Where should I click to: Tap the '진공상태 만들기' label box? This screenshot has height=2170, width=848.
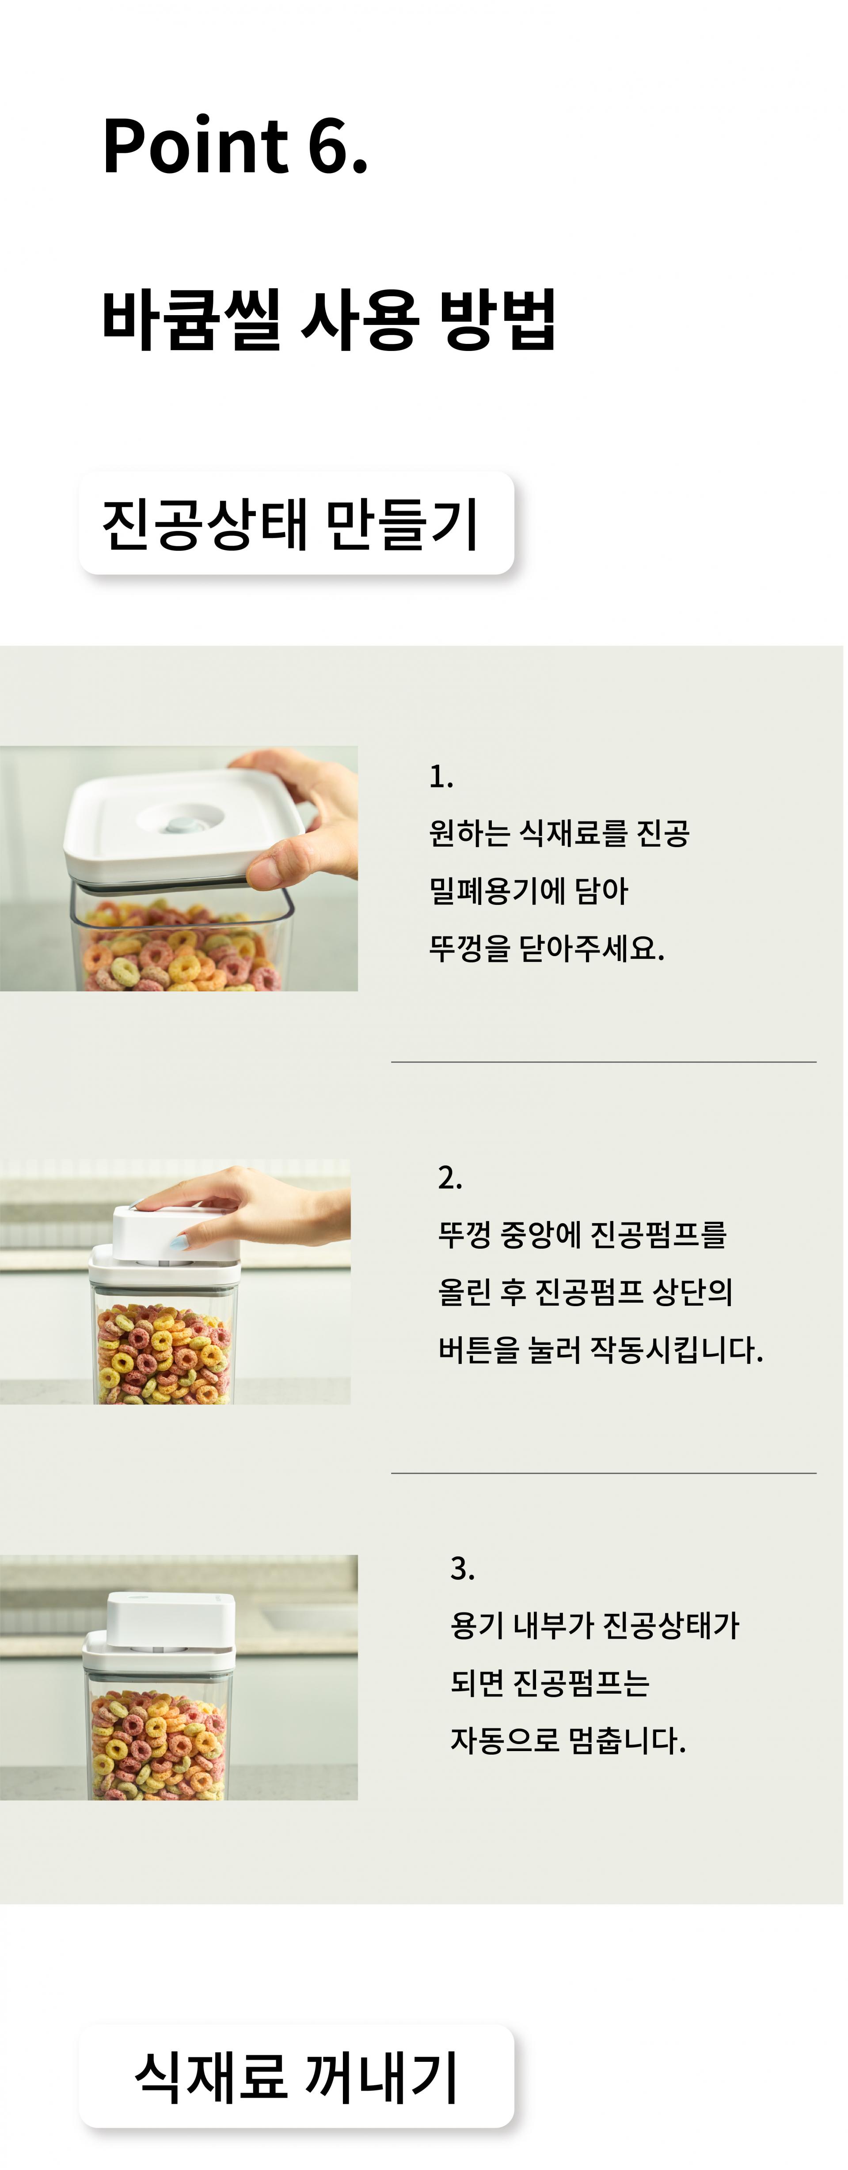click(x=297, y=523)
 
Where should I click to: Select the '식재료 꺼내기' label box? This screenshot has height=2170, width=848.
click(x=297, y=2077)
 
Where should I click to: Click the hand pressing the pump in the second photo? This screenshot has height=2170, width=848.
click(x=253, y=1205)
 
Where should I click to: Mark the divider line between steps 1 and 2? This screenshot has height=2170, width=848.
click(x=604, y=1062)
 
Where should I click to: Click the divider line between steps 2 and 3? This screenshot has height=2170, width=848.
click(x=604, y=1473)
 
